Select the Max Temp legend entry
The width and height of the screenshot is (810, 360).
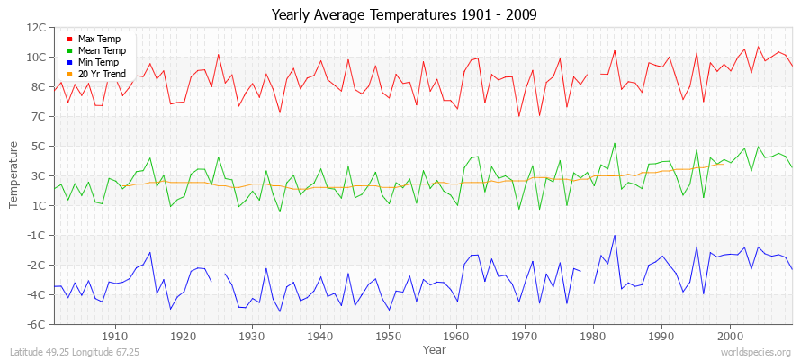pos(99,39)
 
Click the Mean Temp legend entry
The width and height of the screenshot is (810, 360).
pos(101,50)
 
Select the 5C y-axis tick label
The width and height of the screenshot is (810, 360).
pos(40,146)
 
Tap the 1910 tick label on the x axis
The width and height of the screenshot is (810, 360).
pos(114,336)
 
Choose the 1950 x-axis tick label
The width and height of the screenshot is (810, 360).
pos(388,336)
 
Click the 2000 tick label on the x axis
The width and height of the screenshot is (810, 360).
pos(730,336)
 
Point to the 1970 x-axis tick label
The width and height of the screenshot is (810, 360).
pos(525,336)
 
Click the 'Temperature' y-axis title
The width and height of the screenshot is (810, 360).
pos(14,175)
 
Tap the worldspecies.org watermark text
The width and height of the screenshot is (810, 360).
pos(755,352)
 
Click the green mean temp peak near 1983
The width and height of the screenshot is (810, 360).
pos(615,143)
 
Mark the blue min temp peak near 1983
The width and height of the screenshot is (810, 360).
pos(615,236)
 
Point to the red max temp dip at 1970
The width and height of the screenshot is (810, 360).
pos(518,116)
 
